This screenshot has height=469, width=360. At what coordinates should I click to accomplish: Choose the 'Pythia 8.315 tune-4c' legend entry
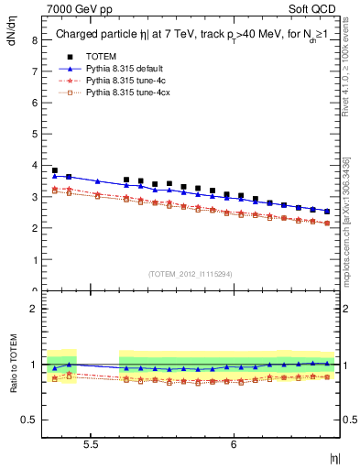click(128, 81)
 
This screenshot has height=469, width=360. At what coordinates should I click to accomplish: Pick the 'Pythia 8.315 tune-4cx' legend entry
click(131, 93)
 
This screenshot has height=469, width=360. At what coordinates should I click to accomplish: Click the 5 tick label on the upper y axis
click(33, 135)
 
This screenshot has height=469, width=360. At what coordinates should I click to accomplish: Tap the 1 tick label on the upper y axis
click(33, 260)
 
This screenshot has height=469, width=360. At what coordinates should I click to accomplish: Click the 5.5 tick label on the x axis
click(91, 443)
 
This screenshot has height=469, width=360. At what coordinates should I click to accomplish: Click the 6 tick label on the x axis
click(234, 443)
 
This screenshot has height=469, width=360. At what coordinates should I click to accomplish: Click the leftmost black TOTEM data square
click(55, 170)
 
